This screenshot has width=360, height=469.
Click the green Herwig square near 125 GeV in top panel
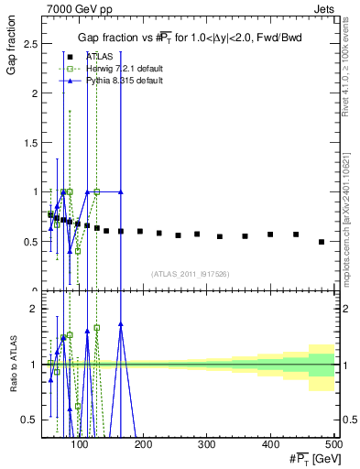tap(96, 191)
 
